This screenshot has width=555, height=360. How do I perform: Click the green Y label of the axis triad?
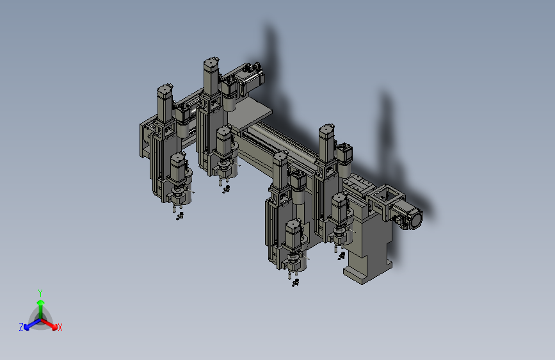[40, 293]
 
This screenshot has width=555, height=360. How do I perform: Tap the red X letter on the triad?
[60, 327]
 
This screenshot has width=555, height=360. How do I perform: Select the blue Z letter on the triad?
[21, 327]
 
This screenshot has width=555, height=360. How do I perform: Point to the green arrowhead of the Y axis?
[41, 303]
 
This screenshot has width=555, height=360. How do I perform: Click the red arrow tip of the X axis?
[54, 327]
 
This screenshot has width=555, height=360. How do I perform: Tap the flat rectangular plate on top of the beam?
[252, 114]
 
